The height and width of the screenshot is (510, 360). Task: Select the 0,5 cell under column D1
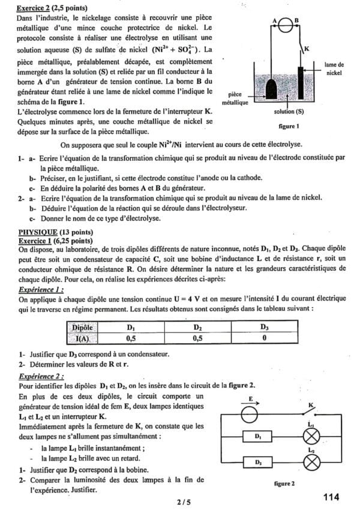click(131, 338)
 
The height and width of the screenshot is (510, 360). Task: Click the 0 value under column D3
click(265, 338)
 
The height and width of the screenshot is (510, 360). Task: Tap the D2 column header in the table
click(197, 328)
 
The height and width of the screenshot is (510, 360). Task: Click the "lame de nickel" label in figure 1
click(334, 68)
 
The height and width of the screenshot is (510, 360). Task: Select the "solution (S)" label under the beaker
click(289, 112)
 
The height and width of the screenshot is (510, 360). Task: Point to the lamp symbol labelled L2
click(312, 463)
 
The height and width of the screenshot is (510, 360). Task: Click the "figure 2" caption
click(283, 483)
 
